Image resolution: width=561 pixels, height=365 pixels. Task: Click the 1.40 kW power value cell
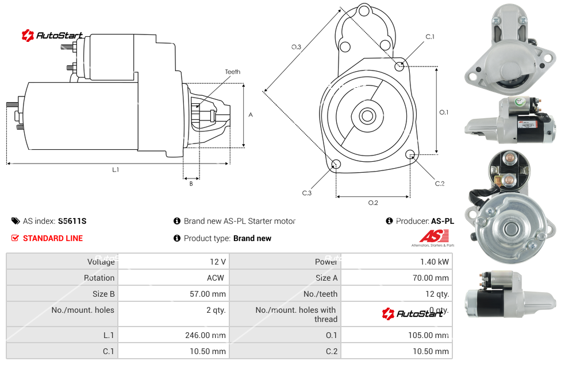click(x=435, y=262)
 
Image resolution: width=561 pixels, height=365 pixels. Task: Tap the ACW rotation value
click(x=217, y=278)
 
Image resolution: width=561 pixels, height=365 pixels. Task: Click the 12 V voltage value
click(x=217, y=262)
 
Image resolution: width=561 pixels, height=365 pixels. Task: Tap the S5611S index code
click(x=72, y=221)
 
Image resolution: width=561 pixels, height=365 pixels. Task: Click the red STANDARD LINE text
click(x=53, y=238)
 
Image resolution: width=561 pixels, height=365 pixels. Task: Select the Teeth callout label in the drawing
click(x=233, y=72)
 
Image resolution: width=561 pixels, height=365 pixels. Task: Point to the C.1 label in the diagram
click(x=430, y=37)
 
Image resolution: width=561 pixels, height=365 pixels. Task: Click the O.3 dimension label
click(x=296, y=47)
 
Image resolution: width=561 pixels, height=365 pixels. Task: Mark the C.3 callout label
click(x=307, y=193)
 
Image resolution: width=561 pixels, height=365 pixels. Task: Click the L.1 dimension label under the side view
click(x=116, y=169)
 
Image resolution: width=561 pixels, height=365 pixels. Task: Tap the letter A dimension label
click(x=251, y=115)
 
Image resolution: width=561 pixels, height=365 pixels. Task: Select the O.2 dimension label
click(x=373, y=202)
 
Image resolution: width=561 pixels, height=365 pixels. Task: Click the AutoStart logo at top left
click(x=52, y=36)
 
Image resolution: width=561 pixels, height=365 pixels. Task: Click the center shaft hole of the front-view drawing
click(x=366, y=116)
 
